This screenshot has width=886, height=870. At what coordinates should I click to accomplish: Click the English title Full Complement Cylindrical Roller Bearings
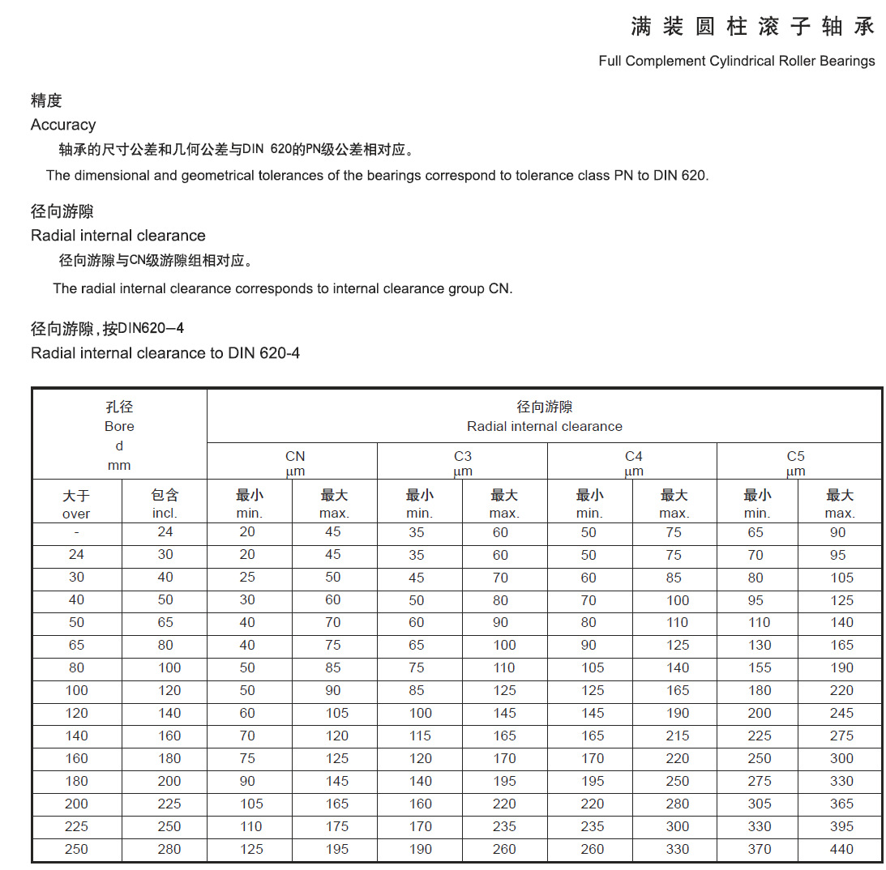(x=736, y=61)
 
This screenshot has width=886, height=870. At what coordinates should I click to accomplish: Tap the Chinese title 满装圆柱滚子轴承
(x=753, y=27)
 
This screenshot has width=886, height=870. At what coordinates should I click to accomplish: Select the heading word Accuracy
(x=63, y=125)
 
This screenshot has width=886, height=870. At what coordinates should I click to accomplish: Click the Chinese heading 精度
(x=46, y=100)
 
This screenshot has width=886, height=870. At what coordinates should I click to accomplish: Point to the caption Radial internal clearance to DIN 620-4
(x=165, y=353)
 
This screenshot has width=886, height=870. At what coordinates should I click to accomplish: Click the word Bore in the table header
(x=119, y=426)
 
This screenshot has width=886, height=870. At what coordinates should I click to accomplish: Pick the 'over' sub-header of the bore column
(x=76, y=514)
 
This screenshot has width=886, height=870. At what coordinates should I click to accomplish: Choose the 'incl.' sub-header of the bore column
(x=165, y=513)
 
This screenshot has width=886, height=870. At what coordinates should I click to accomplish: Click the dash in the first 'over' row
(x=76, y=532)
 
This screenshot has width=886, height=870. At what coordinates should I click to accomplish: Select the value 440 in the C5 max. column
(x=841, y=849)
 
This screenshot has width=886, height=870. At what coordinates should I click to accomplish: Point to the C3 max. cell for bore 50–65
(x=500, y=622)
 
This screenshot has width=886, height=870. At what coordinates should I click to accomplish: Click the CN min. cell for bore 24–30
(x=247, y=555)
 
